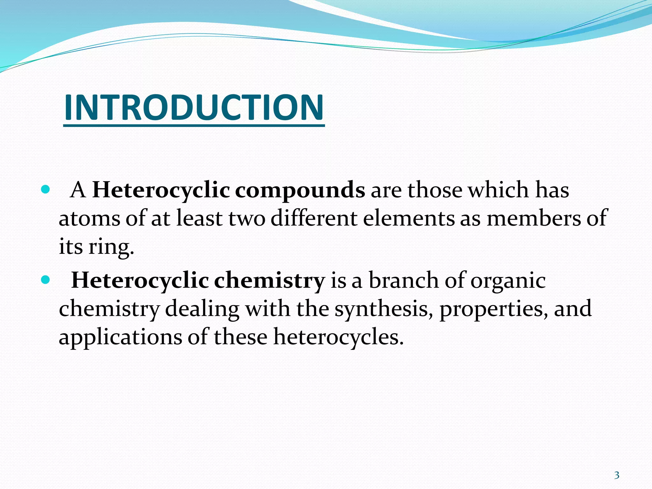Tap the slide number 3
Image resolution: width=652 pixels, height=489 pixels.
pyautogui.click(x=617, y=475)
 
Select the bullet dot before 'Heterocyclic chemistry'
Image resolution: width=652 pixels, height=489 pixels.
pyautogui.click(x=46, y=280)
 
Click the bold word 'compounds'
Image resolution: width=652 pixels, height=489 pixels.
pyautogui.click(x=300, y=190)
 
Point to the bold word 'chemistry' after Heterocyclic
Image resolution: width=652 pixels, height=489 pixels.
pyautogui.click(x=269, y=280)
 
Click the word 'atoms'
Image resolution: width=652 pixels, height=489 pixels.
pyautogui.click(x=89, y=218)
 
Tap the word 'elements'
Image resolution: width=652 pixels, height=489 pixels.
pyautogui.click(x=409, y=218)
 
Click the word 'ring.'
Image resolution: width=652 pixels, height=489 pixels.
pyautogui.click(x=111, y=247)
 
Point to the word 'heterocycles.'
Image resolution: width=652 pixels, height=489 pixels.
pyautogui.click(x=338, y=337)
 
